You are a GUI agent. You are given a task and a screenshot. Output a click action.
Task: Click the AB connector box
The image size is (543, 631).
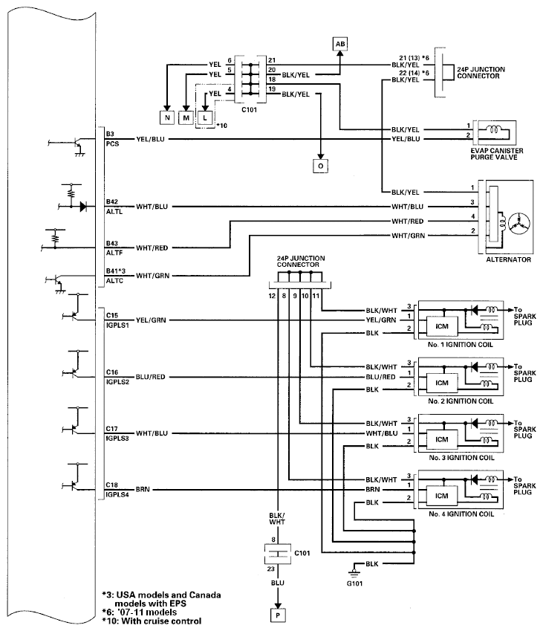click(339, 45)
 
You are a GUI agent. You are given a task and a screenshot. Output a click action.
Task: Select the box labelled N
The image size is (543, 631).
click(166, 117)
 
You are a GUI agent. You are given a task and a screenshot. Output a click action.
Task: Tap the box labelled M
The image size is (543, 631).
click(186, 117)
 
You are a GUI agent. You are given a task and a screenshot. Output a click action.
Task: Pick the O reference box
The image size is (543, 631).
click(320, 166)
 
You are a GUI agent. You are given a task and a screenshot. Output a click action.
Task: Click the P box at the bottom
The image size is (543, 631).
click(277, 615)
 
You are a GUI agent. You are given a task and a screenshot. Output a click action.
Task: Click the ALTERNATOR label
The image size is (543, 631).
click(508, 260)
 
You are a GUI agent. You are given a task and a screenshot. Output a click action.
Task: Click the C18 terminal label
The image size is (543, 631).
click(112, 484)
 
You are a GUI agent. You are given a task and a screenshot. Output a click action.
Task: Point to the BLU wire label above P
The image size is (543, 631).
click(277, 584)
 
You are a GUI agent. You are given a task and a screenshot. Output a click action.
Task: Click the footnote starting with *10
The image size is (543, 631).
click(152, 621)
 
